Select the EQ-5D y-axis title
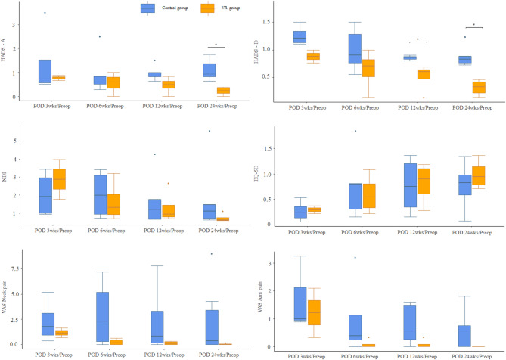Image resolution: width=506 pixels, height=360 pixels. click(x=260, y=178)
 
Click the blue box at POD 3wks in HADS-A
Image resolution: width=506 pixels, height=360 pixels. click(x=44, y=71)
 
